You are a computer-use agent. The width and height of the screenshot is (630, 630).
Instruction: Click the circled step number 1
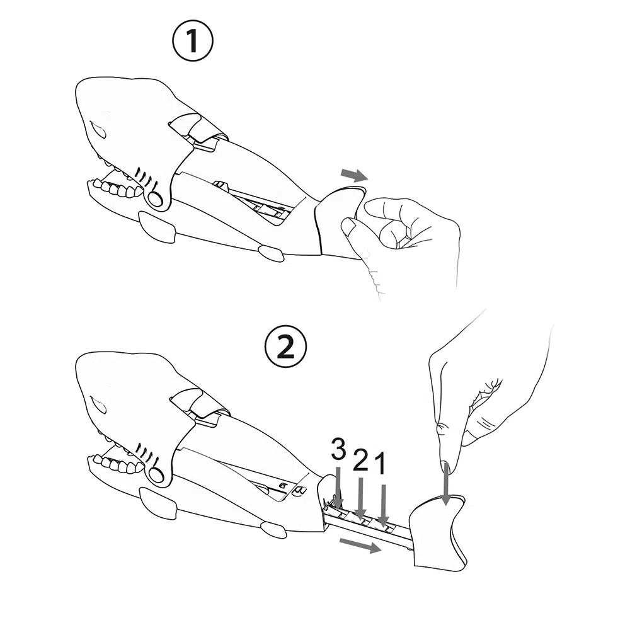[193, 40]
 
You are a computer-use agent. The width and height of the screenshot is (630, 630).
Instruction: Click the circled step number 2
[285, 346]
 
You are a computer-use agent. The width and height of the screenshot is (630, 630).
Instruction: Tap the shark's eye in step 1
[98, 129]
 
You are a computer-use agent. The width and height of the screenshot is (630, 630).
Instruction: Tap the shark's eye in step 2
[98, 404]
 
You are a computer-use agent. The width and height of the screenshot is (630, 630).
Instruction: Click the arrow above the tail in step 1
[354, 175]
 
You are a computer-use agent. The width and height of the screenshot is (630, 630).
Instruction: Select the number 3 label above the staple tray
[338, 450]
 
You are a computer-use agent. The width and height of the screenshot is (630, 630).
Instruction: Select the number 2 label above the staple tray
[360, 461]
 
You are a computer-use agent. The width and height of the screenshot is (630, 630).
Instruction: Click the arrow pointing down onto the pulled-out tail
[445, 483]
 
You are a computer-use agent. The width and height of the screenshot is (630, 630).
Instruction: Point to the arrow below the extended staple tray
[360, 546]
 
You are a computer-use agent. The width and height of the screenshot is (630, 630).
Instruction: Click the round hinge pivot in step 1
[156, 198]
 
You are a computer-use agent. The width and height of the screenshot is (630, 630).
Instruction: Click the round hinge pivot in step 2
[156, 475]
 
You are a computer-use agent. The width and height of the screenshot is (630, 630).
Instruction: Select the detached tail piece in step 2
[438, 533]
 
